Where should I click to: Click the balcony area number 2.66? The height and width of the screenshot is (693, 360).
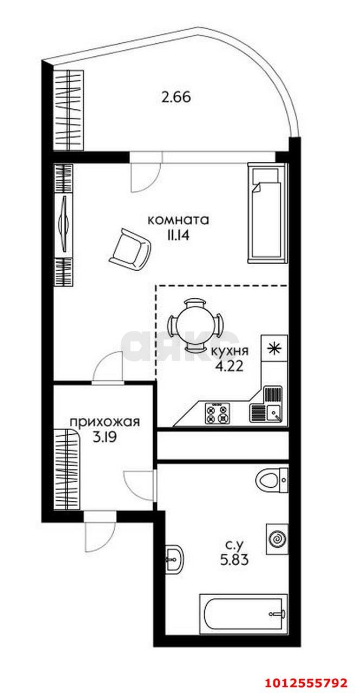pos(176,97)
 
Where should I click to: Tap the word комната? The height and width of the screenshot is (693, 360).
pos(179,220)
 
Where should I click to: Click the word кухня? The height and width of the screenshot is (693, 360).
pos(230,351)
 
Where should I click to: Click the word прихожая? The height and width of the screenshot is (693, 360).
pos(105,422)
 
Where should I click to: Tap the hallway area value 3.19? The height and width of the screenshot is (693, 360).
pos(104,437)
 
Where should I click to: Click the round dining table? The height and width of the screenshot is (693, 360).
pos(194,324)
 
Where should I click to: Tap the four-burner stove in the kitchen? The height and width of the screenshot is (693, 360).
pos(217,413)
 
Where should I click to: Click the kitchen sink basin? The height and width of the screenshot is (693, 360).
pos(274,413)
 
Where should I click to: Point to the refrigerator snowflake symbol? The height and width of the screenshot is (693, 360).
pos(274,348)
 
